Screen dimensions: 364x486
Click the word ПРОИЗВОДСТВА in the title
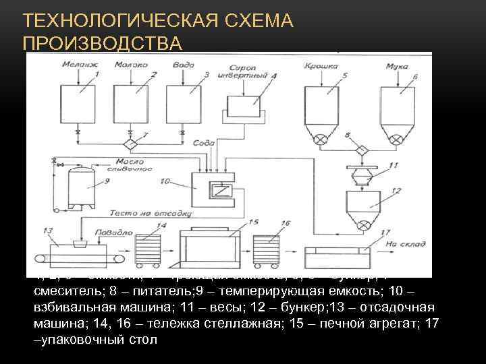click(x=102, y=43)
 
